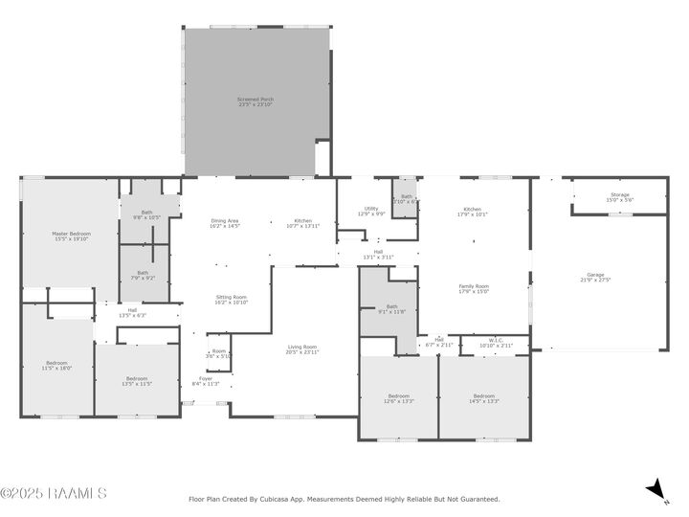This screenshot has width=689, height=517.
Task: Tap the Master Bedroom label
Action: pyautogui.click(x=71, y=236)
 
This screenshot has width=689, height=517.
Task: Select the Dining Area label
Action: pyautogui.click(x=225, y=223)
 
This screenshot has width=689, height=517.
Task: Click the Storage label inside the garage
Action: pyautogui.click(x=619, y=196)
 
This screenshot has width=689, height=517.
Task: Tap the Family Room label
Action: pyautogui.click(x=474, y=287)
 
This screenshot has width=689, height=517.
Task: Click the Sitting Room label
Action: pyautogui.click(x=232, y=299)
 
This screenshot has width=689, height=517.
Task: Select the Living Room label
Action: pyautogui.click(x=302, y=348)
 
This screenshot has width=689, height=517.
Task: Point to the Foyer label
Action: pyautogui.click(x=206, y=380)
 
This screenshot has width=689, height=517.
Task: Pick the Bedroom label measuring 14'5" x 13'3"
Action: pyautogui.click(x=483, y=397)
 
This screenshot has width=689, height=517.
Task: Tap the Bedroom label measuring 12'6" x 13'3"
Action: pyautogui.click(x=398, y=397)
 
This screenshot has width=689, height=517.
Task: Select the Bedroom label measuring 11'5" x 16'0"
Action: pyautogui.click(x=56, y=365)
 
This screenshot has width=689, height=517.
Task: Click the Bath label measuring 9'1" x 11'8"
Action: pyautogui.click(x=379, y=308)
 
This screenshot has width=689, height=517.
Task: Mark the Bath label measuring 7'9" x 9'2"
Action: pyautogui.click(x=143, y=275)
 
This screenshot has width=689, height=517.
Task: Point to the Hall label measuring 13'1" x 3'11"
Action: pyautogui.click(x=378, y=255)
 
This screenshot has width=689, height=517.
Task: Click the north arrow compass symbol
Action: pyautogui.click(x=656, y=491)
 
